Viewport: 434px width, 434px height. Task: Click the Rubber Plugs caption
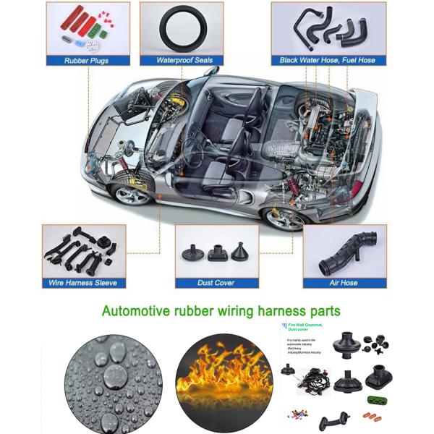[87, 61]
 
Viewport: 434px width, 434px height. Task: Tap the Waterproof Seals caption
[184, 60]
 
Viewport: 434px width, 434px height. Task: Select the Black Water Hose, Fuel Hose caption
[328, 60]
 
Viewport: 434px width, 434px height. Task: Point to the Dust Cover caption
[215, 283]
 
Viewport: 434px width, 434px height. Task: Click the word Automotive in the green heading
[137, 312]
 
